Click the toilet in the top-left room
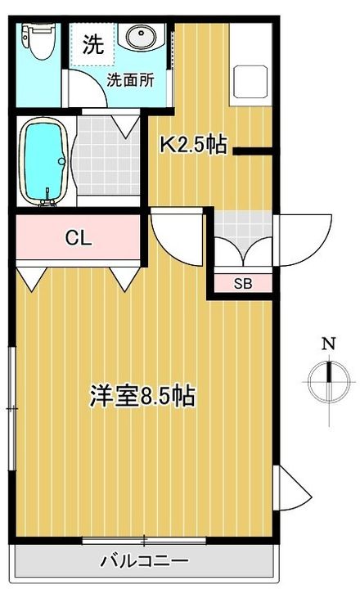(38, 41)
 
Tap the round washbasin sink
(141, 37)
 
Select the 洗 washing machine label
(92, 44)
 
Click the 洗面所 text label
(130, 80)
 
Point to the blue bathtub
(43, 161)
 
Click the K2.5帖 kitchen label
(194, 144)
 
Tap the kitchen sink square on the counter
(250, 81)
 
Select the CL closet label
(79, 237)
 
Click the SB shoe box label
(243, 284)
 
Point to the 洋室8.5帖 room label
(142, 396)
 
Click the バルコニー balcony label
(144, 561)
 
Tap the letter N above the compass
(329, 344)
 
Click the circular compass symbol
(329, 382)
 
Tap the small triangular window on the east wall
(293, 488)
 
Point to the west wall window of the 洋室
(13, 408)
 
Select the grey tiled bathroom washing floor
(106, 155)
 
